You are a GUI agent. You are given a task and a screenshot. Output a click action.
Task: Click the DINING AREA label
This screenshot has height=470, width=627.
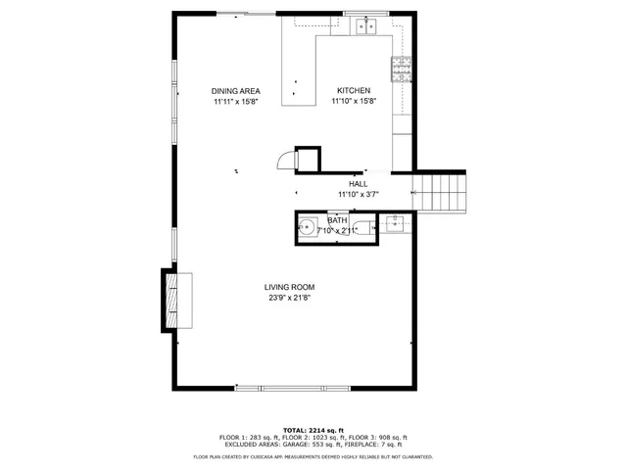pyautogui.click(x=235, y=91)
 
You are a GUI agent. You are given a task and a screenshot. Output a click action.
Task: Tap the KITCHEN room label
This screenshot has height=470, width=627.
pyautogui.click(x=353, y=91)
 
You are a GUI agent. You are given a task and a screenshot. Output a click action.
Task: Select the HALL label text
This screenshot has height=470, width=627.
pyautogui.click(x=358, y=184)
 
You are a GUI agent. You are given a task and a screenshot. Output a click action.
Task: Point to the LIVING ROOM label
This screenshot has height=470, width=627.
pyautogui.click(x=289, y=287)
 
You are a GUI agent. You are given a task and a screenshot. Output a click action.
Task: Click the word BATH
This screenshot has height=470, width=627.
pyautogui.click(x=337, y=220)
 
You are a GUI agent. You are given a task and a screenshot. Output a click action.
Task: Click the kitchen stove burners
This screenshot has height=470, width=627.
pyautogui.click(x=402, y=68)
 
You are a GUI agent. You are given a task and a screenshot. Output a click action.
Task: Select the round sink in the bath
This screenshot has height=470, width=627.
pyautogui.click(x=308, y=228)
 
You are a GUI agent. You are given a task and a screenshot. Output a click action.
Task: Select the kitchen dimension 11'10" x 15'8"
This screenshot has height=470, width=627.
pyautogui.click(x=353, y=101)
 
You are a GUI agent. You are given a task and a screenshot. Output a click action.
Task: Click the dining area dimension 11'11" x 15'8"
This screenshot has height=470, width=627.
pyautogui.click(x=235, y=101)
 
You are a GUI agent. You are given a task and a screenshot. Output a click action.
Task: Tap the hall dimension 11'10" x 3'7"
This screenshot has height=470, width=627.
pyautogui.click(x=358, y=195)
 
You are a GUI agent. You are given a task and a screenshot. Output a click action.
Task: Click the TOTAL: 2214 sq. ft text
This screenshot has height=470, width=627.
pyautogui.click(x=313, y=430)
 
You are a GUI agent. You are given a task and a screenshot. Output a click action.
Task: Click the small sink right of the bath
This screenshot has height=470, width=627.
pyautogui.click(x=396, y=223)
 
